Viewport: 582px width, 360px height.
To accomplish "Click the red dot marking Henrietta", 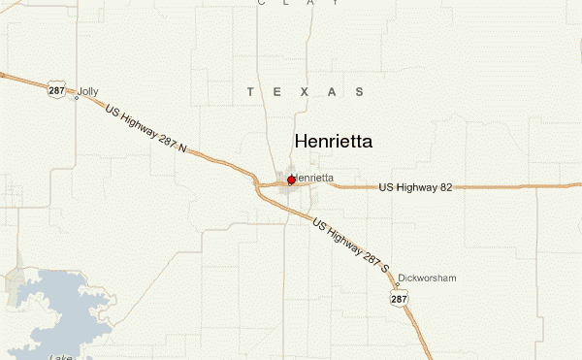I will [x=291, y=180].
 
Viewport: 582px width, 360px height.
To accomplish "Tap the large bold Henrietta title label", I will [x=333, y=142].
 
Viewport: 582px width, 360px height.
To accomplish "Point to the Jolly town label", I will [x=88, y=91].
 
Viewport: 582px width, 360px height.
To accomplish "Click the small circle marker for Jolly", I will [x=77, y=97].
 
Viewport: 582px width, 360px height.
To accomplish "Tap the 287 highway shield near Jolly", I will [x=55, y=90].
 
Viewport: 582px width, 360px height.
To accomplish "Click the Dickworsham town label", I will [x=427, y=278].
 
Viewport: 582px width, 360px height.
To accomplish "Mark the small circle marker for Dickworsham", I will [x=397, y=286].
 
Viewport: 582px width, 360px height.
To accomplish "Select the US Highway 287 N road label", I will [x=145, y=130].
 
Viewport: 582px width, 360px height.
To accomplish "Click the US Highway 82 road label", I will [x=415, y=187].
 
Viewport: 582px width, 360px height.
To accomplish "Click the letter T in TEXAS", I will [x=250, y=92].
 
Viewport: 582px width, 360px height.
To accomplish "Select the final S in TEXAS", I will [x=360, y=92].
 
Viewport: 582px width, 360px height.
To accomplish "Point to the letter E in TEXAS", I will [x=277, y=92].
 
